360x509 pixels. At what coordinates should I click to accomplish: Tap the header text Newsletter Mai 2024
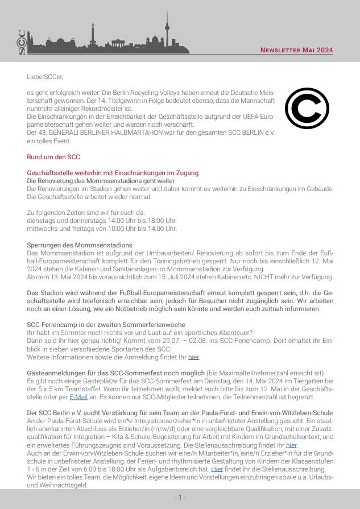point(296,50)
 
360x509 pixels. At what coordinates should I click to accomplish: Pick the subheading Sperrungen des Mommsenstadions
point(80,245)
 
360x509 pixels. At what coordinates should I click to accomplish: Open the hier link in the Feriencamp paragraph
point(194,357)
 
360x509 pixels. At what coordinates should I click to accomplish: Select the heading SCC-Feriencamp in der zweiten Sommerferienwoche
point(104,324)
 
